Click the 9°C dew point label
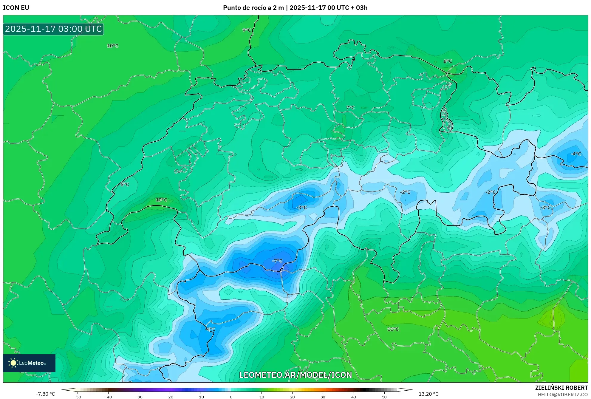[x=247, y=30]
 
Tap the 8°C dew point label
[x=448, y=61]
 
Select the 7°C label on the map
[x=350, y=108]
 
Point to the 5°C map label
[x=125, y=185]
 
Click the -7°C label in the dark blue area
[x=277, y=261]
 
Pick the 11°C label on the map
[x=393, y=329]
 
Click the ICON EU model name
[x=16, y=8]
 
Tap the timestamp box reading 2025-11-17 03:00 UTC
[x=53, y=29]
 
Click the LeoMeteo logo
[x=29, y=363]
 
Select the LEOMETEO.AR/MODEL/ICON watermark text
[x=295, y=375]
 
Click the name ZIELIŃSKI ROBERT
[x=561, y=388]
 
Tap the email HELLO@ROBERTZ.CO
[x=562, y=395]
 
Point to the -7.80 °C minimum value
[x=45, y=394]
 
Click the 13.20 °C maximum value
[x=428, y=394]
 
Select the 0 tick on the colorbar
[x=231, y=397]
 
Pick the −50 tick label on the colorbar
[x=77, y=397]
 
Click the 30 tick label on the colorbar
[x=323, y=397]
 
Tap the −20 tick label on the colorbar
[x=169, y=397]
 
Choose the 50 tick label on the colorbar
[x=384, y=397]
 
